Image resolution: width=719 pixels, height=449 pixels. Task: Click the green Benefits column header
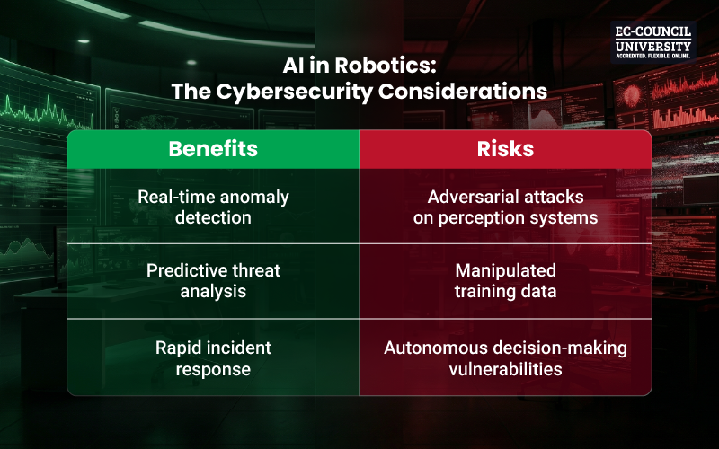[213, 149]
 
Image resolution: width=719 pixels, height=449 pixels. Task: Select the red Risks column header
[505, 149]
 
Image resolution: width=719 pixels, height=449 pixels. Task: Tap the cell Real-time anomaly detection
[213, 206]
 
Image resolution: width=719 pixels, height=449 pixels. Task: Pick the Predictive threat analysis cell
[213, 281]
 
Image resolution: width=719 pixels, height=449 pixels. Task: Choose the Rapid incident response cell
[213, 357]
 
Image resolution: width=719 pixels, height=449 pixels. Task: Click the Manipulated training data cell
[505, 281]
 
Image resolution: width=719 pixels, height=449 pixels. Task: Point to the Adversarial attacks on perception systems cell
[505, 206]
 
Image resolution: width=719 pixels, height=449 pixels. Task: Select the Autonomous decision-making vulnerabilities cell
[505, 357]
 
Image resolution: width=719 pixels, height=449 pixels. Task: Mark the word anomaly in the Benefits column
[260, 197]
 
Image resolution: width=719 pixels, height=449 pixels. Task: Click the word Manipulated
[506, 270]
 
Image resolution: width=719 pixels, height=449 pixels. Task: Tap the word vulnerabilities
[505, 367]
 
